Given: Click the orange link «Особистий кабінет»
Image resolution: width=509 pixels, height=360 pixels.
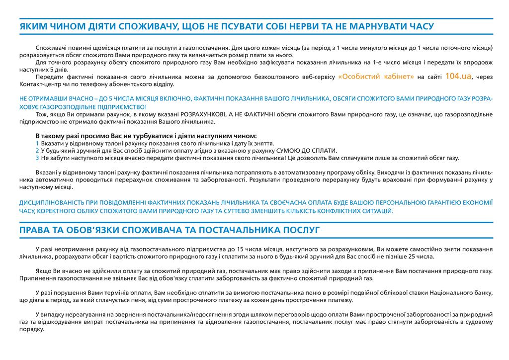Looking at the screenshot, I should [376, 77].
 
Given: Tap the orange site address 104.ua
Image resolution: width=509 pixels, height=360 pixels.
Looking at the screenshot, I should [458, 76].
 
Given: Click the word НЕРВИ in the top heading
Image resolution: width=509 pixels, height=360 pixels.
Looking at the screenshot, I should [308, 26].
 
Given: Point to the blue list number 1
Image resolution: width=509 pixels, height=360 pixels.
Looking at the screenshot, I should [37, 143].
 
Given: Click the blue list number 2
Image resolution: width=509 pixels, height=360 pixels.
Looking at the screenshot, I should [37, 151].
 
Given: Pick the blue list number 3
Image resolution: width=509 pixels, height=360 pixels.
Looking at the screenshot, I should [37, 158].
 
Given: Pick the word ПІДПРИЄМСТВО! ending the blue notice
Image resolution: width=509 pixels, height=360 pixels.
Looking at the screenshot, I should [122, 107].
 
